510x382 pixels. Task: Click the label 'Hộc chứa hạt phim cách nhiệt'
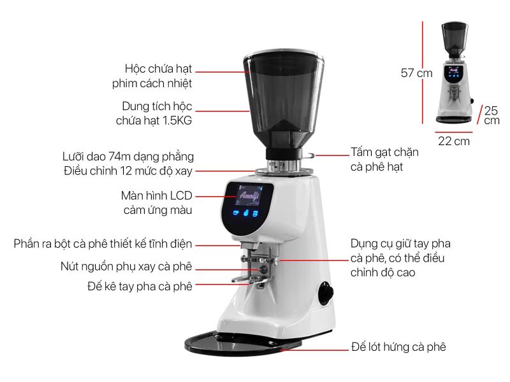click(x=152, y=76)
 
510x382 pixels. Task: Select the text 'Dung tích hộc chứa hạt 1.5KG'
click(x=154, y=113)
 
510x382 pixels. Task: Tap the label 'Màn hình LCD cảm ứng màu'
click(x=156, y=203)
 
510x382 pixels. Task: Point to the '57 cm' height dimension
click(x=417, y=73)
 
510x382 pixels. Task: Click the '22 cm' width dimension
click(x=454, y=141)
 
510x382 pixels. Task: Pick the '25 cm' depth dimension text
click(x=492, y=115)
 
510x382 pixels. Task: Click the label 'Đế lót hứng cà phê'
click(x=398, y=347)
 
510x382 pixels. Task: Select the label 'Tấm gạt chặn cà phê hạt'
click(x=384, y=160)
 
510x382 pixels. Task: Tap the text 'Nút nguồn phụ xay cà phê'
click(x=126, y=267)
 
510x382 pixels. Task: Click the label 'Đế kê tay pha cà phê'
click(x=140, y=286)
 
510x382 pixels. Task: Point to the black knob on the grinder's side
click(x=326, y=294)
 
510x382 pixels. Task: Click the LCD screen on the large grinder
click(x=248, y=195)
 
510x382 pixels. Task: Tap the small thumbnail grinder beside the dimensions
click(x=455, y=73)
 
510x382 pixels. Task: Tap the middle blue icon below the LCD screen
click(x=246, y=213)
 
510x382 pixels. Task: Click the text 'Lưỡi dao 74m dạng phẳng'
click(x=128, y=157)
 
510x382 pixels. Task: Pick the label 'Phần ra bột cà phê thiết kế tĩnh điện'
click(x=103, y=244)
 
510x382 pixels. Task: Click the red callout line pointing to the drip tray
click(x=314, y=350)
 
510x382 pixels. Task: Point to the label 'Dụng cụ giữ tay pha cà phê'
click(x=400, y=258)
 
